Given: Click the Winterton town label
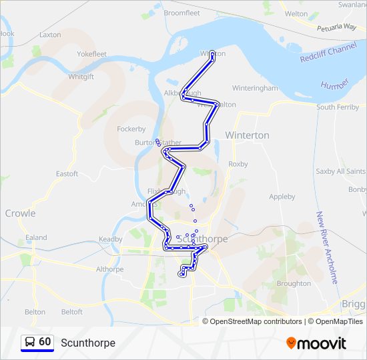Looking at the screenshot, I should [247, 135].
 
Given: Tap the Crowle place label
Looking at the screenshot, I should [20, 213].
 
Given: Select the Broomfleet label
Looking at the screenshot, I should [181, 13].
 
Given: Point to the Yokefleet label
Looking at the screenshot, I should [91, 54].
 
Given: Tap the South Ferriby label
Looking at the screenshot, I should [338, 107].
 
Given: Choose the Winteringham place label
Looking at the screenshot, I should [254, 88].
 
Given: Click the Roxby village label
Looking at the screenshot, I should [238, 164].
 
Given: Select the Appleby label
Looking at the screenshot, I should [282, 197].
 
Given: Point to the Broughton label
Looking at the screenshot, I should [294, 283].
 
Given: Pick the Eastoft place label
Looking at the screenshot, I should [67, 174].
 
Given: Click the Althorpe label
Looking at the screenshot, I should [109, 270].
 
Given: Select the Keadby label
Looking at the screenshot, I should [110, 239].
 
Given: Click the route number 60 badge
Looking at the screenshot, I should [45, 342].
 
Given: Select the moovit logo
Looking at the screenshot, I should [316, 343].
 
